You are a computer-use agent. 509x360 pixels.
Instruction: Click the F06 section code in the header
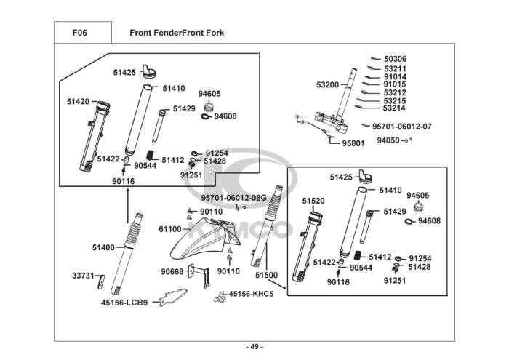pyautogui.click(x=80, y=33)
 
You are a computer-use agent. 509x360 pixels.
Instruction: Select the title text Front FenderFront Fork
pyautogui.click(x=177, y=33)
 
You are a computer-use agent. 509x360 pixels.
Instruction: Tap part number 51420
pyautogui.click(x=78, y=101)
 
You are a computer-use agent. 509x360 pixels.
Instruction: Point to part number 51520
pyautogui.click(x=313, y=199)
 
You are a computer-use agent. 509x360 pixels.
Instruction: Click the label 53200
pyautogui.click(x=327, y=85)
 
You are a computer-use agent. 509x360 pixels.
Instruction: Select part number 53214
pyautogui.click(x=394, y=108)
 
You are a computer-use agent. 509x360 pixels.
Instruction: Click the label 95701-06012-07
pyautogui.click(x=401, y=126)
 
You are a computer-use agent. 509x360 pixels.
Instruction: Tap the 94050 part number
pyautogui.click(x=388, y=140)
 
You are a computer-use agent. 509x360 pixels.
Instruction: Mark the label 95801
pyautogui.click(x=353, y=143)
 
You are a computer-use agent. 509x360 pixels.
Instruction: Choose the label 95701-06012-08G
pyautogui.click(x=234, y=197)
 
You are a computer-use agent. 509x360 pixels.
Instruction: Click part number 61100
pyautogui.click(x=170, y=229)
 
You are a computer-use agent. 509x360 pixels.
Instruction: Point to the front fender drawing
pyautogui.click(x=195, y=240)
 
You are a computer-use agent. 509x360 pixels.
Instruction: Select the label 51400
pyautogui.click(x=103, y=248)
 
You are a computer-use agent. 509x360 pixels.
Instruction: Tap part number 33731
pyautogui.click(x=83, y=276)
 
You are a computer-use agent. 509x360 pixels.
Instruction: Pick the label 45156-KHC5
pyautogui.click(x=251, y=294)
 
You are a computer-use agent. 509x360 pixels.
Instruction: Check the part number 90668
pyautogui.click(x=172, y=272)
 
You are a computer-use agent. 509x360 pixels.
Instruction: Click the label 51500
pyautogui.click(x=266, y=276)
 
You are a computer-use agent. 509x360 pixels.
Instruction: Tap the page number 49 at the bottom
pyautogui.click(x=254, y=345)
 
